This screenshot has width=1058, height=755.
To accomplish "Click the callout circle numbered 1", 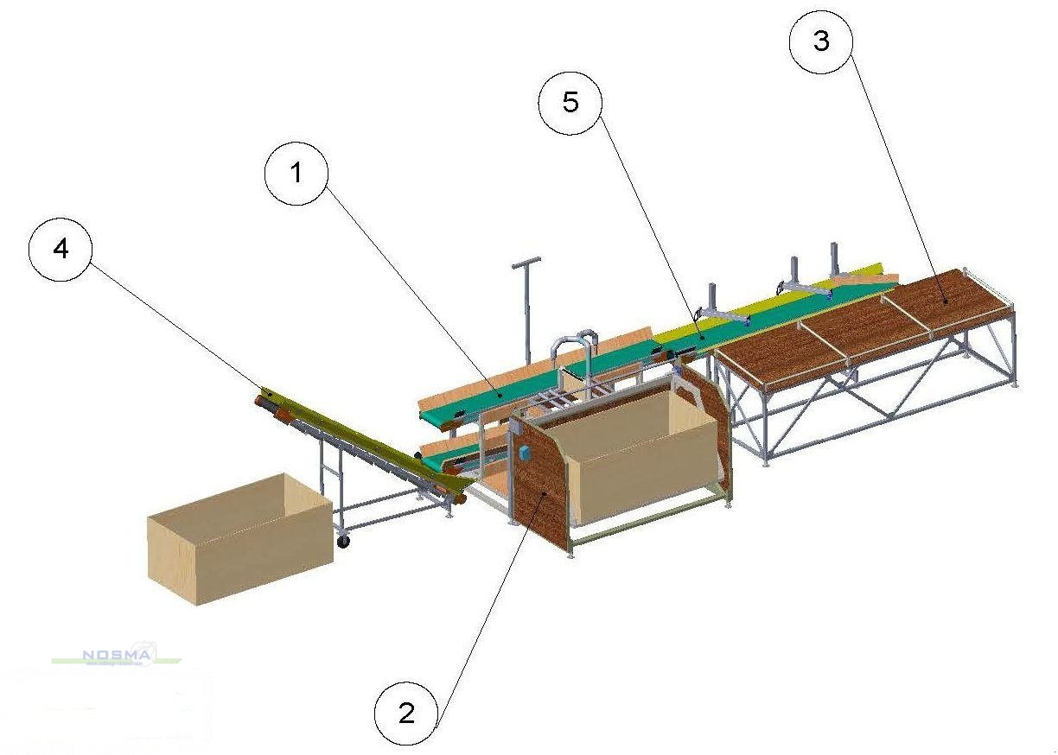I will click(296, 173).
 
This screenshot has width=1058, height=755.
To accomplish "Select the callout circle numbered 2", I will click(406, 713).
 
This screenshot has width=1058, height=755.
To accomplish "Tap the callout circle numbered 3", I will click(821, 41).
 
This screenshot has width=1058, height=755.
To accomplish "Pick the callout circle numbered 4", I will click(60, 247).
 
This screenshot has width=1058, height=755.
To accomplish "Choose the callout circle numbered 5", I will click(570, 102).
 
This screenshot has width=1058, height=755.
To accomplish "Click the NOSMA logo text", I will click(117, 656).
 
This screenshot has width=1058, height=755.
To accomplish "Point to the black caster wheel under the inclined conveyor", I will click(344, 542).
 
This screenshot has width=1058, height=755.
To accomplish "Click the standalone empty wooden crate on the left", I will click(239, 537).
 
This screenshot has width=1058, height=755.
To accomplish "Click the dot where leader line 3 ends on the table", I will click(946, 301).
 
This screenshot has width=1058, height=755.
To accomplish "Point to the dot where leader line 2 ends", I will click(543, 492).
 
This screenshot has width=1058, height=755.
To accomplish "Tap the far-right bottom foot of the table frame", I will click(1013, 386).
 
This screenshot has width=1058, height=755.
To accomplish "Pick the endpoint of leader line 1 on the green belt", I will click(500, 394).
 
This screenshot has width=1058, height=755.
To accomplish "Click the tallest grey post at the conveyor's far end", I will click(835, 259).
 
